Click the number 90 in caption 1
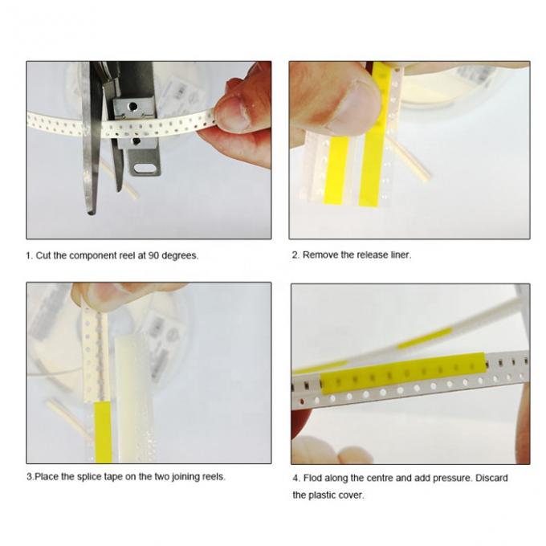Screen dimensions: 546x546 tap(153, 255)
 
